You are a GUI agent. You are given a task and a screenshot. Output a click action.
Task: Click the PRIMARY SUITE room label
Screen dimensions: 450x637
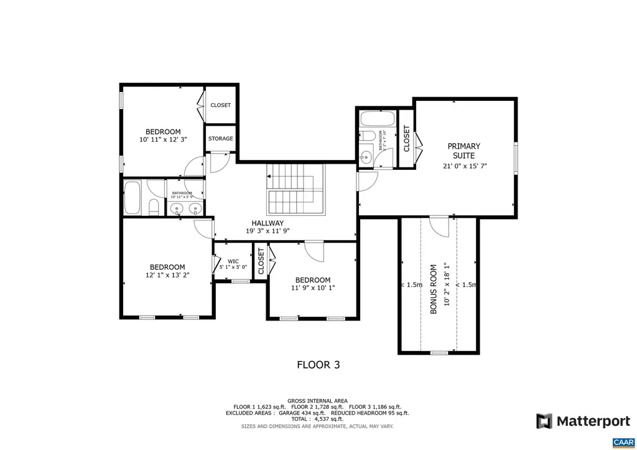[464, 151]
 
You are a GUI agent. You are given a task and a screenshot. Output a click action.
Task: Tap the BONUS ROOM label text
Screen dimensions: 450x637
[434, 291]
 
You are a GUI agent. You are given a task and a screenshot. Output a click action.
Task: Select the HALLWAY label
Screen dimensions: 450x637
[267, 223]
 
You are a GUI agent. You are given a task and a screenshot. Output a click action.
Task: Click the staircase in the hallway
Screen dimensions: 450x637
[296, 189]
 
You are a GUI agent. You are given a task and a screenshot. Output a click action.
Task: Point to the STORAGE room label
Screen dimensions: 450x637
[220, 138]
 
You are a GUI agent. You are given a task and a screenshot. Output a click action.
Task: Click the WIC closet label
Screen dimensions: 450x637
[233, 261]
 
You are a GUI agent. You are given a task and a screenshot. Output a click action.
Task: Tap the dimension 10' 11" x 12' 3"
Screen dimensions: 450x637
[163, 139]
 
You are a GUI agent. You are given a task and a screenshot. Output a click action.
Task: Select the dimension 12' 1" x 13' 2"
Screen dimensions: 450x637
[167, 274]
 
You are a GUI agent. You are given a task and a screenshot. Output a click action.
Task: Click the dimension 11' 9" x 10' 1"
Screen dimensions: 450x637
[312, 288]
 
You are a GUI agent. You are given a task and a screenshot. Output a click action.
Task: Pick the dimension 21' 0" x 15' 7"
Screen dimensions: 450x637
[464, 166]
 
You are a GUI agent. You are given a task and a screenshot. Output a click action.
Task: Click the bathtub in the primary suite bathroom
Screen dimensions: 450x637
[376, 119]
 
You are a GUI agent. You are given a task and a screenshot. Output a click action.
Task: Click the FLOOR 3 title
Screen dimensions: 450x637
[318, 365]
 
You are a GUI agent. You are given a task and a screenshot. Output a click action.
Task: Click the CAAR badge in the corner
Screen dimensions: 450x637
[623, 442]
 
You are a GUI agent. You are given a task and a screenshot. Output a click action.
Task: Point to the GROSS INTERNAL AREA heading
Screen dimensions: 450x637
[317, 400]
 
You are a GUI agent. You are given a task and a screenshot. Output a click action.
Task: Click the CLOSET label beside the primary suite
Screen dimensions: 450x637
[406, 139]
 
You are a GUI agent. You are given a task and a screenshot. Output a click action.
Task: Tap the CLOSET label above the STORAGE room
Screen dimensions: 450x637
[220, 105]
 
